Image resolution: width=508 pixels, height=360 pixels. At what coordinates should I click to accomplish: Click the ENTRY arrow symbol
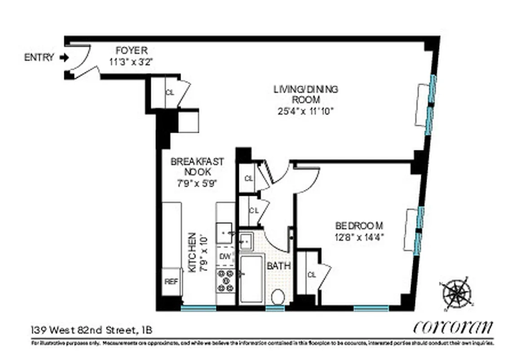point(64,58)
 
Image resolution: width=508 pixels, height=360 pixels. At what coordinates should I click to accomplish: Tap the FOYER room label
point(131,50)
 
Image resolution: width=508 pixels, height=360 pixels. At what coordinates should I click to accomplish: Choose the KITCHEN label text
point(192,252)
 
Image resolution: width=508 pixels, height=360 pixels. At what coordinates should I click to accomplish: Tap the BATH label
point(279,266)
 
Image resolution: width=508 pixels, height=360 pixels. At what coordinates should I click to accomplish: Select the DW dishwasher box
point(225,257)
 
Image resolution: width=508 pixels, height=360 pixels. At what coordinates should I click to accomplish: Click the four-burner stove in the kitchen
point(225,280)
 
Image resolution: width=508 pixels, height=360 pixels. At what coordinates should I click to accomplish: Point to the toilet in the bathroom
point(278,297)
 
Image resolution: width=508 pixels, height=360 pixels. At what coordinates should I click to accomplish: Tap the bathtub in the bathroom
point(251,279)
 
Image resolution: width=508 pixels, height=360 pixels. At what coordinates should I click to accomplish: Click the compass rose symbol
point(457,293)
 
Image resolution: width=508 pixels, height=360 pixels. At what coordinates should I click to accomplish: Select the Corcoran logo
point(452,327)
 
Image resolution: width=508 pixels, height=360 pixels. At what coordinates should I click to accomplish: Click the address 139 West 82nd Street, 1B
point(92,330)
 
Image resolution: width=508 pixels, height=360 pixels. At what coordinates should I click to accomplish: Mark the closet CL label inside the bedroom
point(311,274)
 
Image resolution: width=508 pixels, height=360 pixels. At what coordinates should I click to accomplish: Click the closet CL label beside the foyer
point(170,93)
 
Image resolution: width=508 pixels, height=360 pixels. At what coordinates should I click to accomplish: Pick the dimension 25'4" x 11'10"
point(305,110)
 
